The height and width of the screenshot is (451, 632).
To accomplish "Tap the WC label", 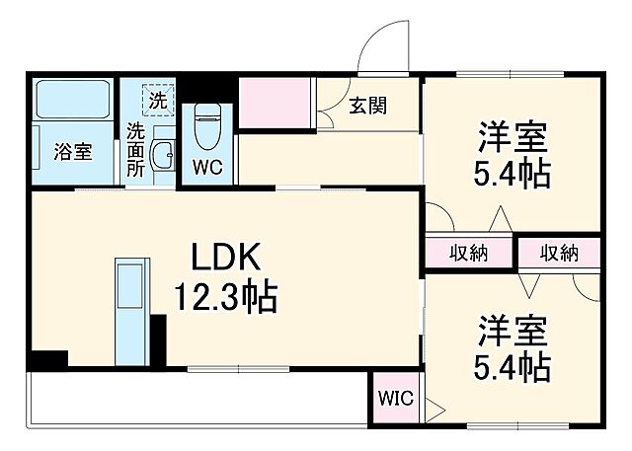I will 207,167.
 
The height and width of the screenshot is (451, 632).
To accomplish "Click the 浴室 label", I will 72,152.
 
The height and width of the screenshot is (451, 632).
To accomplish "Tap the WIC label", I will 396,400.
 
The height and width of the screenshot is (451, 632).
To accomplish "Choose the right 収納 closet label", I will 559,253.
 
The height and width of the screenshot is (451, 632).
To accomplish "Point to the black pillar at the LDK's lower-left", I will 44,361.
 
